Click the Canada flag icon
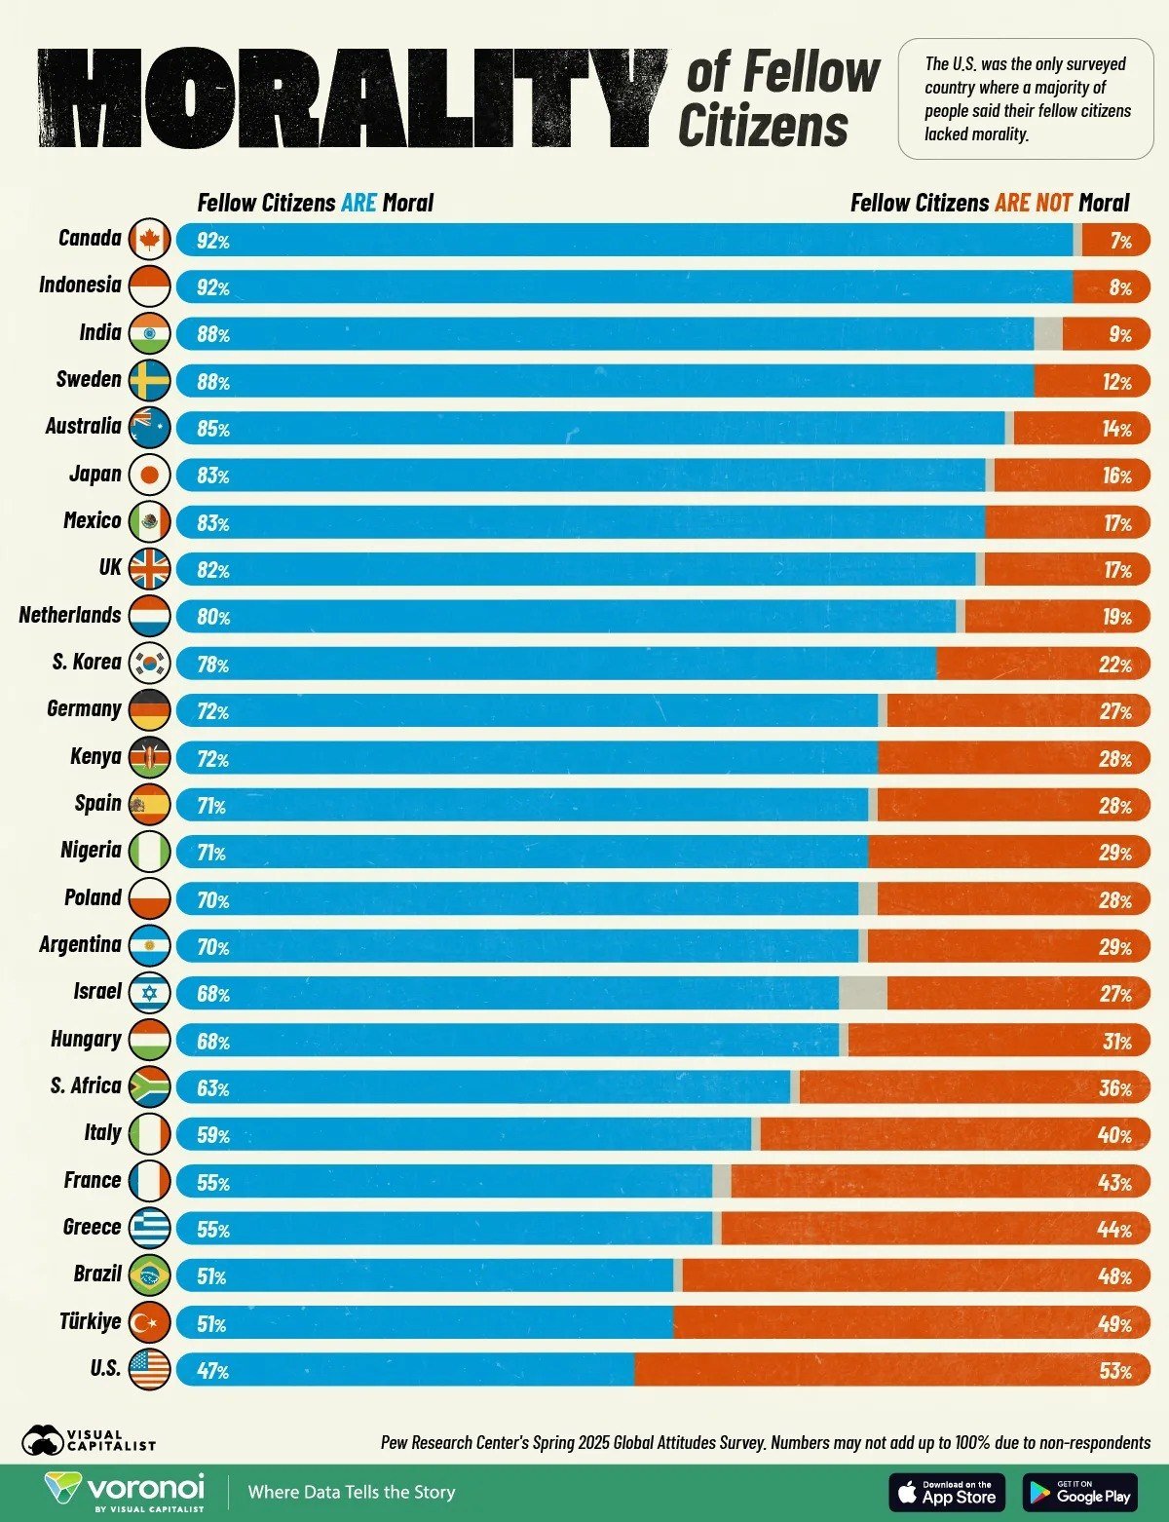[x=149, y=239]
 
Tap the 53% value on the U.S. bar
[x=1115, y=1371]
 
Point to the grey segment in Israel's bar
[x=862, y=993]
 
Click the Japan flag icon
[x=149, y=475]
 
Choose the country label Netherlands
[x=70, y=615]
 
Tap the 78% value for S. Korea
[x=212, y=665]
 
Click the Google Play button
[x=1079, y=1492]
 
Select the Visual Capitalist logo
[x=88, y=1440]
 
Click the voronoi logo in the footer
[x=125, y=1492]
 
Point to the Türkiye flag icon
[x=149, y=1322]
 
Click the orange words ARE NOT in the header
[x=1033, y=203]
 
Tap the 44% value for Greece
[x=1114, y=1229]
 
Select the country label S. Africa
[x=86, y=1085]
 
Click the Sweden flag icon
[x=149, y=380]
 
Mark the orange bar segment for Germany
[x=984, y=710]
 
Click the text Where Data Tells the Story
[x=352, y=1492]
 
